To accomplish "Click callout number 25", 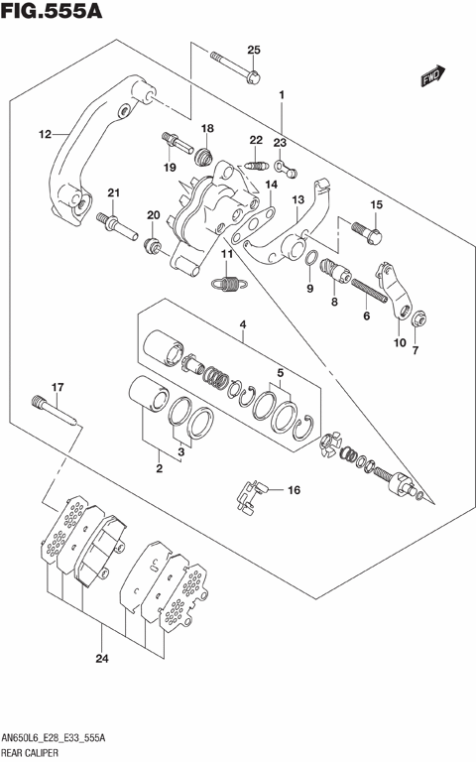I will (253, 51).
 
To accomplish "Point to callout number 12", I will (45, 134).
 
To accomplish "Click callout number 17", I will (58, 387).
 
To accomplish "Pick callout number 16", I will (293, 490).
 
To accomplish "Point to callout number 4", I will (241, 325).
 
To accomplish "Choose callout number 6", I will (366, 316).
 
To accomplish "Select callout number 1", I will (282, 96).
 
